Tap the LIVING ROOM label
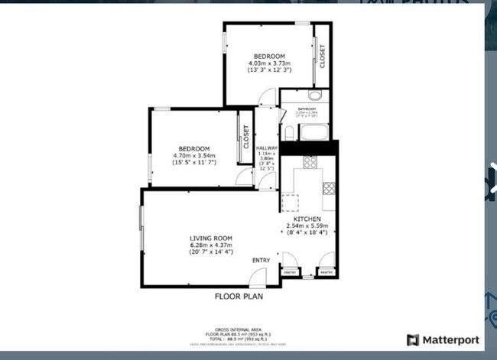pyautogui.click(x=211, y=238)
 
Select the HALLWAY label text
pyautogui.click(x=266, y=148)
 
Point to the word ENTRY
pyautogui.click(x=261, y=261)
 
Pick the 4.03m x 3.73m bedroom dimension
pyautogui.click(x=269, y=63)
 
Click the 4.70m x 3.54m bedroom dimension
pyautogui.click(x=194, y=156)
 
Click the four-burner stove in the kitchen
pyautogui.click(x=310, y=162)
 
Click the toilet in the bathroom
pyautogui.click(x=314, y=96)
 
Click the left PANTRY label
pyautogui.click(x=291, y=272)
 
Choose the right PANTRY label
pyautogui.click(x=326, y=272)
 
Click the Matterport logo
pyautogui.click(x=443, y=339)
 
